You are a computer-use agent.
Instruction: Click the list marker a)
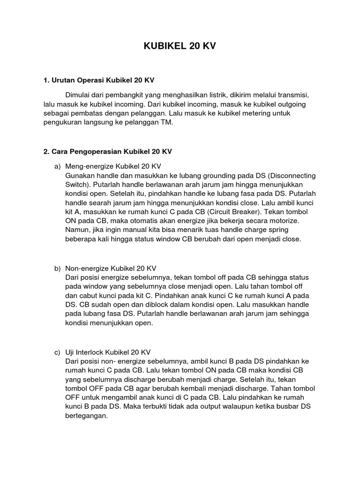coord(58,167)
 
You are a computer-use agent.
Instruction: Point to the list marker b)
coord(58,269)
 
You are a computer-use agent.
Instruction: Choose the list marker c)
coord(58,352)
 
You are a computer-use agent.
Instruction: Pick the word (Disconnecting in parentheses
coord(292,176)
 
